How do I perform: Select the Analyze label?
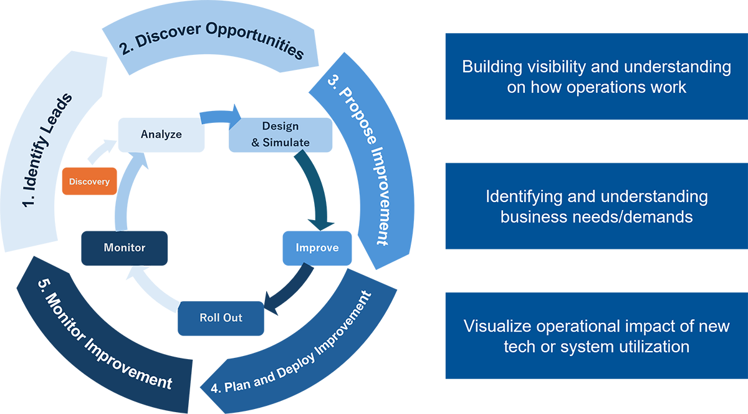tap(161, 134)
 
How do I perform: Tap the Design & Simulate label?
tap(280, 134)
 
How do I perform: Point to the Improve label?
tap(317, 248)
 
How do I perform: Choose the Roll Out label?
tap(221, 317)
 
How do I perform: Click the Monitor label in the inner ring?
tap(124, 248)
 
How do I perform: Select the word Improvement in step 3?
tap(378, 200)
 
